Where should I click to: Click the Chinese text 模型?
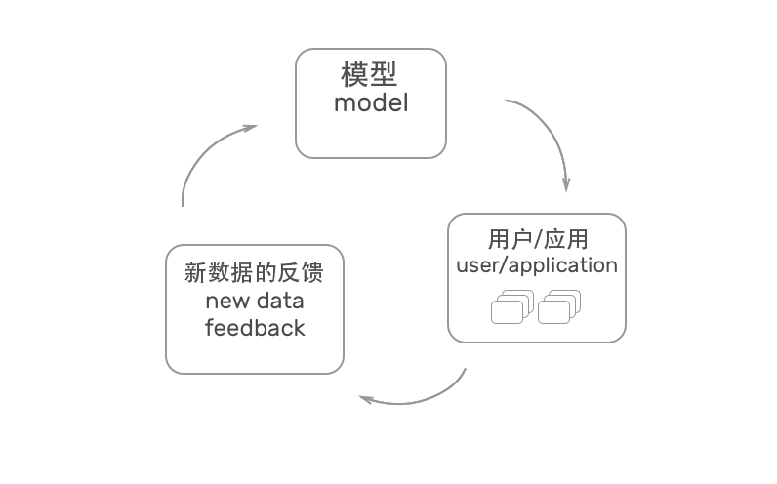click(x=370, y=75)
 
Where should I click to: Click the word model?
click(x=370, y=102)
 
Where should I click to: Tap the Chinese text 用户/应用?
click(x=537, y=240)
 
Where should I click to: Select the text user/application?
click(x=537, y=265)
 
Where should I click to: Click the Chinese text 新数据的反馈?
click(x=254, y=272)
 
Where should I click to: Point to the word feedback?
click(x=255, y=328)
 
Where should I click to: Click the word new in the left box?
click(x=226, y=300)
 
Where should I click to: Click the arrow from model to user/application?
click(x=547, y=132)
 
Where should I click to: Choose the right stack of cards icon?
click(x=559, y=307)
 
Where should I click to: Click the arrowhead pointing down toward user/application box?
click(x=566, y=185)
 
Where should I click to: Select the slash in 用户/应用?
click(x=537, y=240)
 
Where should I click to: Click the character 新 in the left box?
click(x=195, y=272)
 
